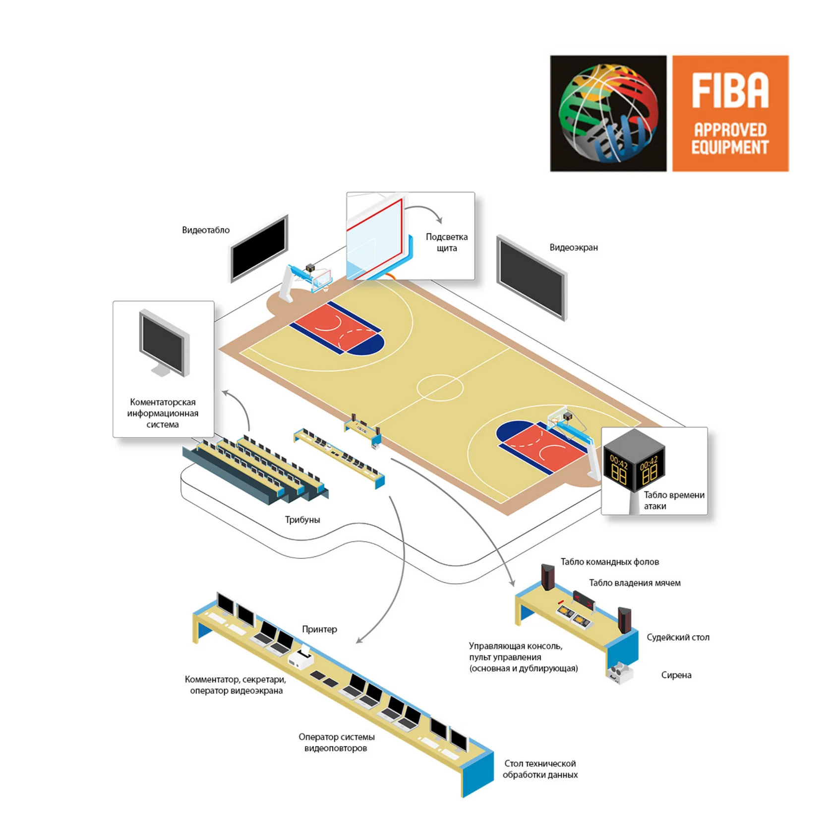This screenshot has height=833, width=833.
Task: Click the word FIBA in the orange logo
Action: coord(730,90)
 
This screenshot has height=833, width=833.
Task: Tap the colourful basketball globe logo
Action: coord(608,113)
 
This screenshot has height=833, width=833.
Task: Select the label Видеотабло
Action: coord(206,230)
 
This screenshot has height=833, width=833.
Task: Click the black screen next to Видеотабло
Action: coord(259,248)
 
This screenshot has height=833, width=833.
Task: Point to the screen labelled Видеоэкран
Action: coord(532,278)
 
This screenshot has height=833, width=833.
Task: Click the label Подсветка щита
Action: coord(447,242)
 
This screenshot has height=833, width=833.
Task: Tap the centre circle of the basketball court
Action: coord(440,388)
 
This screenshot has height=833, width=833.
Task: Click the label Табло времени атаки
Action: coord(674,500)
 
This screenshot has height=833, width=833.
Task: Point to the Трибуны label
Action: coord(302,520)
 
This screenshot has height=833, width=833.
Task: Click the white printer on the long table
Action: coord(300,657)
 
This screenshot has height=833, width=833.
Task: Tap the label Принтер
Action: coord(319,629)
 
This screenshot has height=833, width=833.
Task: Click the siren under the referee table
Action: coord(620,673)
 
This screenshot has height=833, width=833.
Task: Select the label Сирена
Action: coord(676,675)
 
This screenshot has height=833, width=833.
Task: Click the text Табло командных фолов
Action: coord(610,562)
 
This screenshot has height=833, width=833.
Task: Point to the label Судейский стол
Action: coord(678,637)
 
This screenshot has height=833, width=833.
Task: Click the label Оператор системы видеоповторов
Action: coord(336,742)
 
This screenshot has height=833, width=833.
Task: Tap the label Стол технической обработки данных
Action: coord(540,769)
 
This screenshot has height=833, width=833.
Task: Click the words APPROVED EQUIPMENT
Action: coord(730,138)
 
